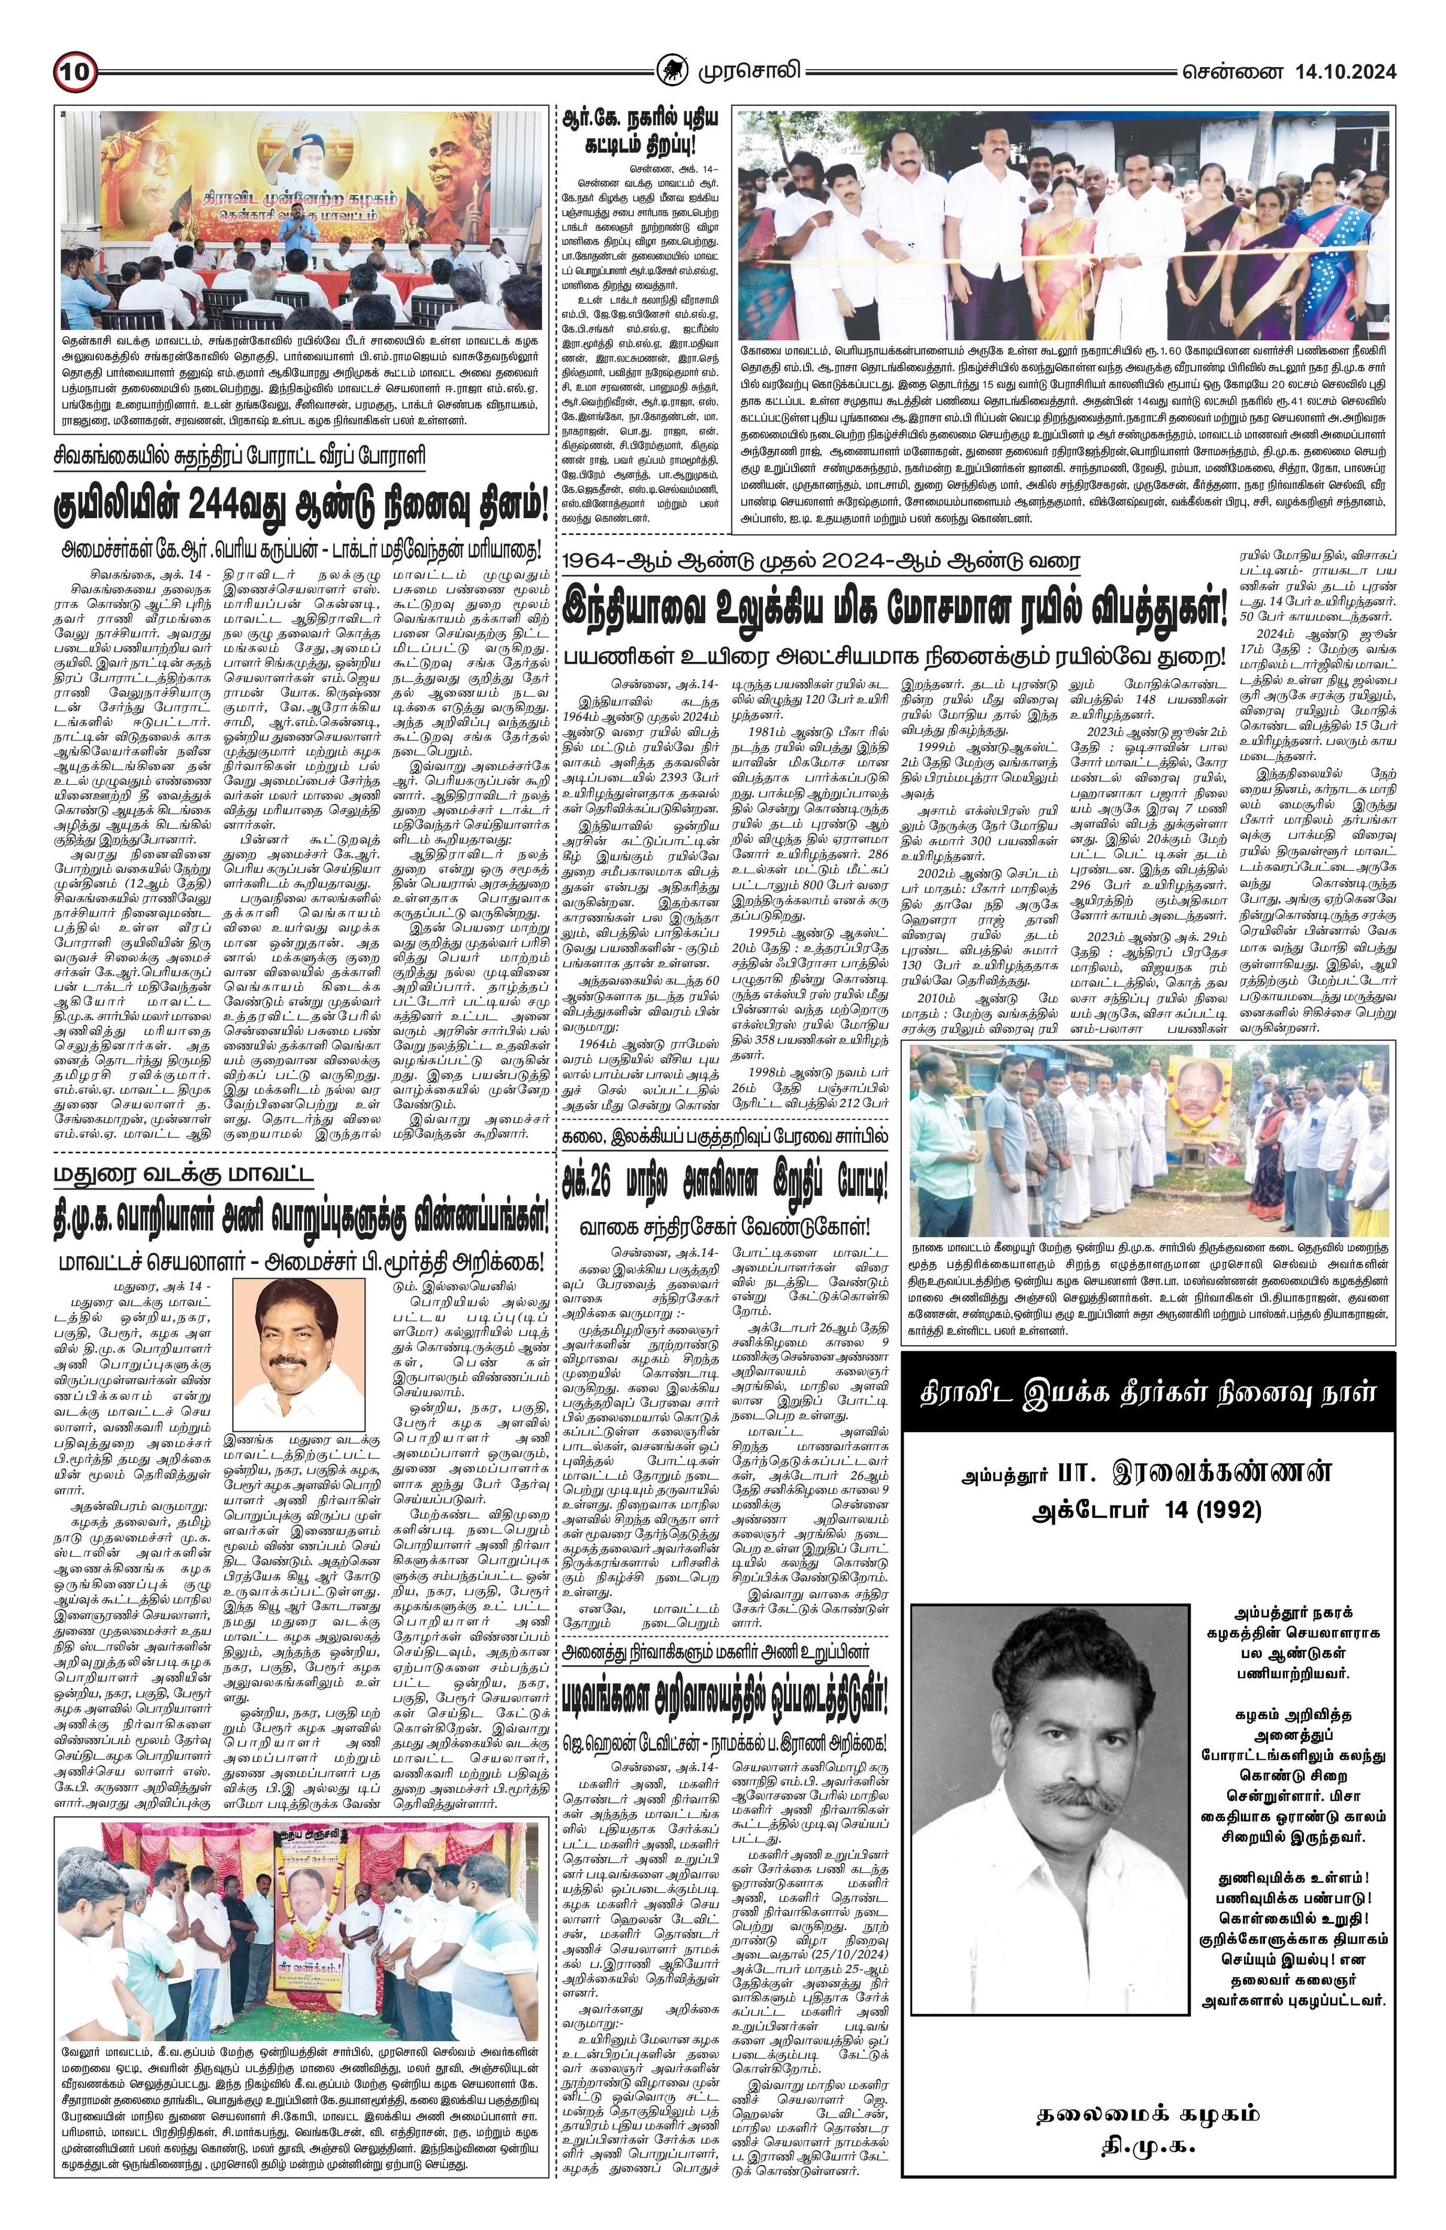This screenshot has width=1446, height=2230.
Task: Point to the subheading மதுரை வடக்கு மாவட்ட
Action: [183, 1175]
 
